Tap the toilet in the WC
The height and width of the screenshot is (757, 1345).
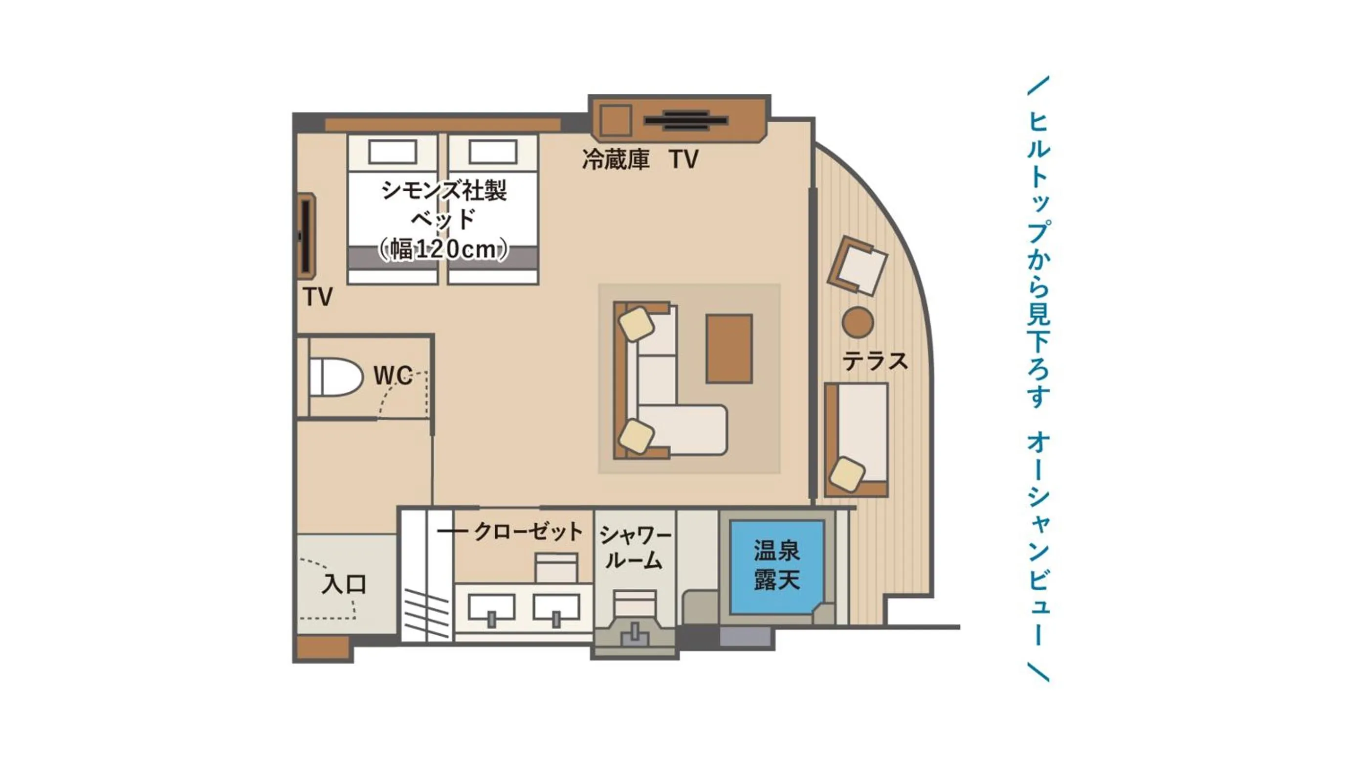pyautogui.click(x=334, y=377)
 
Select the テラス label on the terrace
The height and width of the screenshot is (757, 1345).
pyautogui.click(x=875, y=361)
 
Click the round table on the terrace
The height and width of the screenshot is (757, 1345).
pyautogui.click(x=858, y=322)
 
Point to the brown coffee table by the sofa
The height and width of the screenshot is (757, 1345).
pyautogui.click(x=729, y=349)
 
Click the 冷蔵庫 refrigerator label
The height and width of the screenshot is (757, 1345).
pyautogui.click(x=616, y=160)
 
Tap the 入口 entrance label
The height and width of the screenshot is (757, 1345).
pyautogui.click(x=344, y=584)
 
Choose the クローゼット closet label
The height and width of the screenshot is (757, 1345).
pyautogui.click(x=528, y=532)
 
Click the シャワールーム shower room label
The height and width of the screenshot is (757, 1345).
pyautogui.click(x=635, y=548)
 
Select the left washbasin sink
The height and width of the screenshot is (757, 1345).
pyautogui.click(x=491, y=608)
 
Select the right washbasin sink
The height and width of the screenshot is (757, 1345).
pyautogui.click(x=556, y=608)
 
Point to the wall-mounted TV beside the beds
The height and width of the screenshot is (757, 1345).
pyautogui.click(x=307, y=235)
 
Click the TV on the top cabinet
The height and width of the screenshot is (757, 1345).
pyautogui.click(x=685, y=121)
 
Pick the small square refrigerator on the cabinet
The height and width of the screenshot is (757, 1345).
pyautogui.click(x=615, y=121)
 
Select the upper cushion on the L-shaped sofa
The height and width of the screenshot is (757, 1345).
pyautogui.click(x=636, y=324)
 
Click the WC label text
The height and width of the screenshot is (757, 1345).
pyautogui.click(x=393, y=376)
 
